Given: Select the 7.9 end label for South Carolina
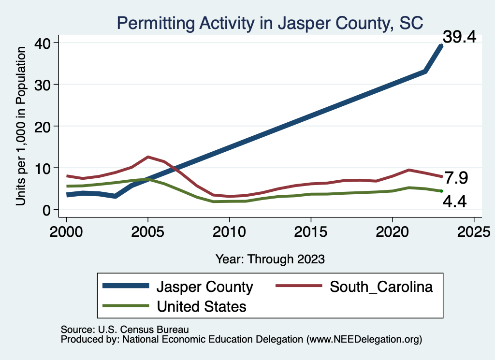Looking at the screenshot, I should coord(456,178).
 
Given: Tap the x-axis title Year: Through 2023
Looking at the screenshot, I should coord(270,259).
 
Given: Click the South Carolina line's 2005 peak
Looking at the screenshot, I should coord(148,157).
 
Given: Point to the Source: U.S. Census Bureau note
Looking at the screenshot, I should coord(125,329).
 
